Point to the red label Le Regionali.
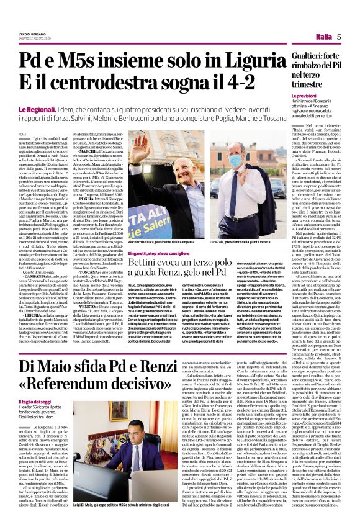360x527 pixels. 37,109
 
